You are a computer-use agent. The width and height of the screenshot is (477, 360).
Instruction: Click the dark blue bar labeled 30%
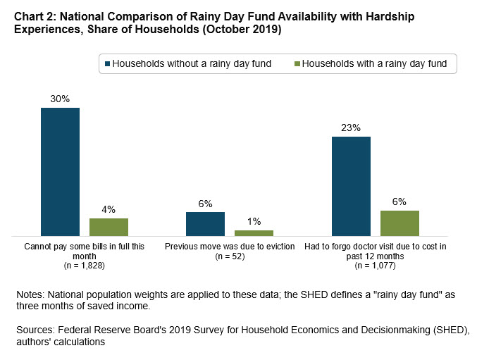pyautogui.click(x=60, y=171)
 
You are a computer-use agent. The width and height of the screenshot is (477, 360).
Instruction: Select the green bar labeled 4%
pyautogui.click(x=109, y=227)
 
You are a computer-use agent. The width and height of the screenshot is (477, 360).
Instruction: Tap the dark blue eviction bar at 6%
pyautogui.click(x=205, y=223)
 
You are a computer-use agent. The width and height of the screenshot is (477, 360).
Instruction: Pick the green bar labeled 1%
pyautogui.click(x=254, y=232)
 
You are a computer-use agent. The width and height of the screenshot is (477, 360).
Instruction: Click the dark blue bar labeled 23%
pyautogui.click(x=351, y=186)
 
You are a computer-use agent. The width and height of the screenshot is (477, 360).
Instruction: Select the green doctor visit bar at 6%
pyautogui.click(x=399, y=223)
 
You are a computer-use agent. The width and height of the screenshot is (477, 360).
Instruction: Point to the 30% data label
pyautogui.click(x=60, y=99)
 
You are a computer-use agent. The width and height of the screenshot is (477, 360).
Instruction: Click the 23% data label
pyautogui.click(x=351, y=128)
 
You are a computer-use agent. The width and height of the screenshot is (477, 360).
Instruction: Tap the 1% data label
pyautogui.click(x=254, y=221)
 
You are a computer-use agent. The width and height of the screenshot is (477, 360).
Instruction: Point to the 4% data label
pyautogui.click(x=109, y=209)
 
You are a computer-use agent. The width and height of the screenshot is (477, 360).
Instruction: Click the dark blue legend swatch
pyautogui.click(x=109, y=64)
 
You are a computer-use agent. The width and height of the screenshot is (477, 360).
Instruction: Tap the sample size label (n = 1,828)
pyautogui.click(x=85, y=266)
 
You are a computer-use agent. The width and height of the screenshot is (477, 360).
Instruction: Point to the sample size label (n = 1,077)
pyautogui.click(x=376, y=266)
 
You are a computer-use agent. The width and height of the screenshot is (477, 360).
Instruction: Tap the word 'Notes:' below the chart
pyautogui.click(x=30, y=296)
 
